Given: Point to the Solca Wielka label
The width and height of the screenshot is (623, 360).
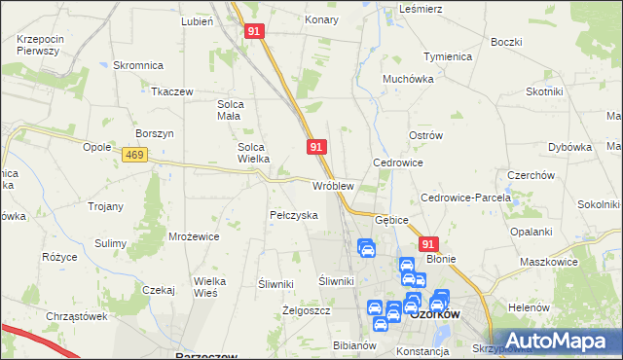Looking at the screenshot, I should coord(259,154).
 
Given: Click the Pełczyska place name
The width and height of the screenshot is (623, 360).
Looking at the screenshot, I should coord(293,215).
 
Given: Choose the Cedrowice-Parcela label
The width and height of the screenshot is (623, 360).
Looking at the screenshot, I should coord(465,198).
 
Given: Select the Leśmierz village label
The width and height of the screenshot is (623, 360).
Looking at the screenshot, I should coord(421,8).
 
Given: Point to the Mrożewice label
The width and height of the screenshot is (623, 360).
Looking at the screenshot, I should coord(192,236).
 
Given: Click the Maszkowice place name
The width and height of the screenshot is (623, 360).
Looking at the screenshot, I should coord(548,262).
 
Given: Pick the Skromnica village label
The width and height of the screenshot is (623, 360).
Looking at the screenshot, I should coord(137,65).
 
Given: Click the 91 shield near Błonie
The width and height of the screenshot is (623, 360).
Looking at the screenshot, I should coord(429,244).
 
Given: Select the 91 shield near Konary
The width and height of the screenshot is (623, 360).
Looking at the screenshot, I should coord(253,31).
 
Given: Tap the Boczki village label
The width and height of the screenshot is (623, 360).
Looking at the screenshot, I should coord(506,42).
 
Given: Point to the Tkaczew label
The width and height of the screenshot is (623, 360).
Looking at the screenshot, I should coord(171,91).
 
